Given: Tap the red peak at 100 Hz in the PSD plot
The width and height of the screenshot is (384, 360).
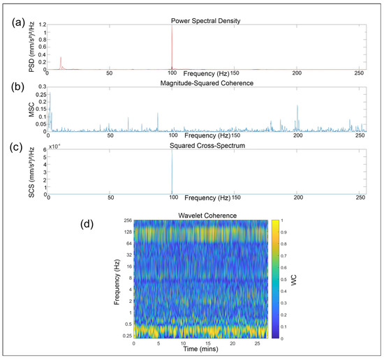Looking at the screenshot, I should coord(172,42).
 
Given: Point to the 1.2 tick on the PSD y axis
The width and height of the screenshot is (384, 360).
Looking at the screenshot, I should coord(40,26).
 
